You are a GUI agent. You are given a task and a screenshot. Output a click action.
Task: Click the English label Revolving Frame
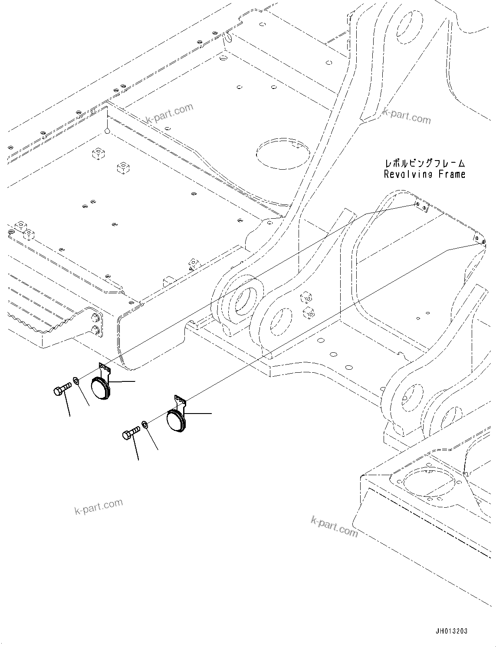424,174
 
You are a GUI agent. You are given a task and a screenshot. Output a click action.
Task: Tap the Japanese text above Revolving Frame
425,164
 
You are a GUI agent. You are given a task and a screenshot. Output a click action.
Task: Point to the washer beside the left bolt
76,381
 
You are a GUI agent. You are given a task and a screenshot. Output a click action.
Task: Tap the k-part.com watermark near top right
407,116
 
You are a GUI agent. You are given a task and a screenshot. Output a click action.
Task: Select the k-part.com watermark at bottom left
99,506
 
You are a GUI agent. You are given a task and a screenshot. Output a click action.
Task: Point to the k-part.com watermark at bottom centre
334,525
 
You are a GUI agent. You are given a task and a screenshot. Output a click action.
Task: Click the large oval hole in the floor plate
283,154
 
